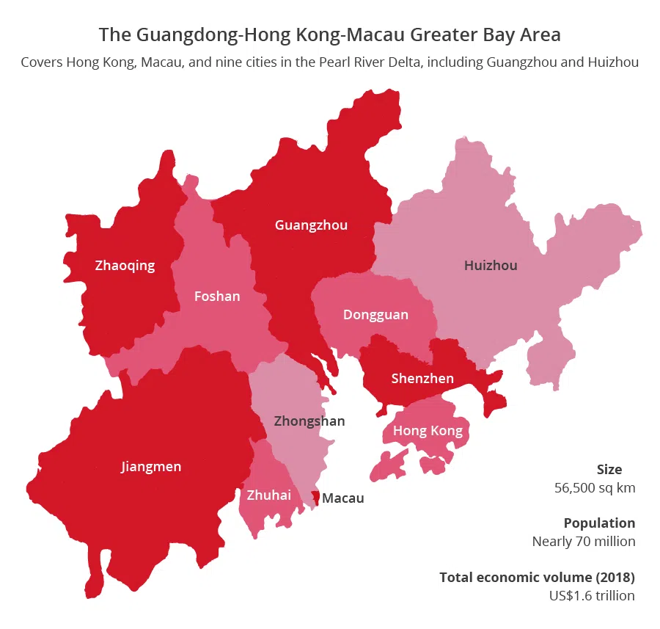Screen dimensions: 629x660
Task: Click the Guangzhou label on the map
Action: coord(311,225)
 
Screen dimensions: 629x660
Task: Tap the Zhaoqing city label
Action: coord(125,265)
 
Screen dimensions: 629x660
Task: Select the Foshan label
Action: coord(217,297)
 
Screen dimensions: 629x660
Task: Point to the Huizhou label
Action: coord(491,265)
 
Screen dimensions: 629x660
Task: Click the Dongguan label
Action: coord(375,315)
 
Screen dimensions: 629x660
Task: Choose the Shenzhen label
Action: coord(422,379)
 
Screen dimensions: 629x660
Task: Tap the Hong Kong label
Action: coord(428,431)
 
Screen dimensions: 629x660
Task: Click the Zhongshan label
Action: coord(309,421)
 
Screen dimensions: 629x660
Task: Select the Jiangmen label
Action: coord(151,466)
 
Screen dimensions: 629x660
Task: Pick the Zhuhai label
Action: coord(268,495)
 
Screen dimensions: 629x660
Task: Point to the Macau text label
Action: coord(343,498)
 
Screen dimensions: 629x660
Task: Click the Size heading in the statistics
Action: coord(609,470)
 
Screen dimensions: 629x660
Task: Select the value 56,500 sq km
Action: coord(595,487)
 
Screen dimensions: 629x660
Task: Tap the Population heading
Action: coord(599,523)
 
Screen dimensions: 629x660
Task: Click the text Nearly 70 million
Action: coord(584,542)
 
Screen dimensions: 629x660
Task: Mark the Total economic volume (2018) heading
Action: coord(537,577)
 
